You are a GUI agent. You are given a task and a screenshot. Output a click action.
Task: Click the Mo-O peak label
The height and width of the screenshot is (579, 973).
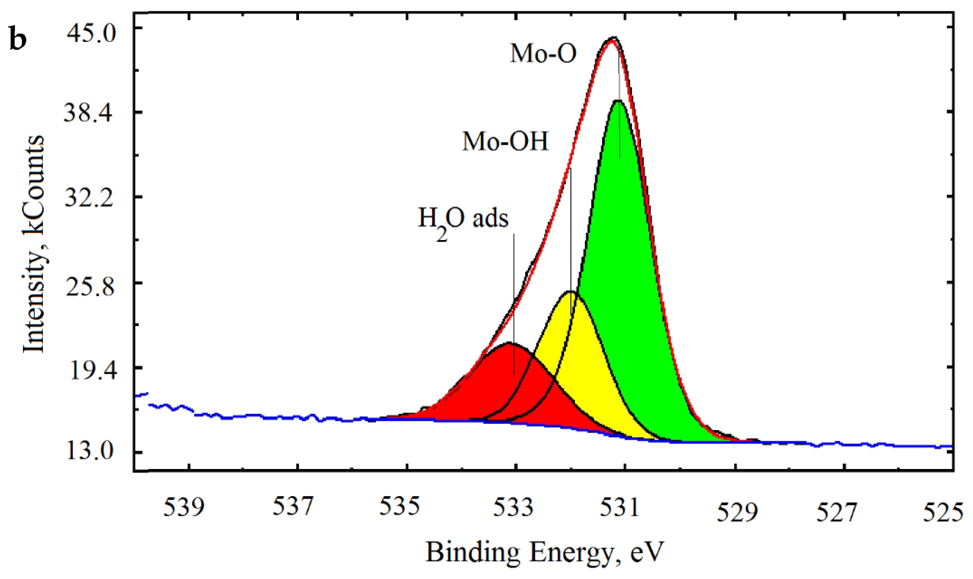coord(543,54)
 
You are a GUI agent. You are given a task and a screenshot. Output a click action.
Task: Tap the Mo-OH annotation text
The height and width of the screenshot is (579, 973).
coord(505,141)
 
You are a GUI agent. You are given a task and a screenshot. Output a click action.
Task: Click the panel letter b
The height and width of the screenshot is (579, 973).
coord(18,40)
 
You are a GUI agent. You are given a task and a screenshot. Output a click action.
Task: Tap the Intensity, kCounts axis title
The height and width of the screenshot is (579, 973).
coord(33,244)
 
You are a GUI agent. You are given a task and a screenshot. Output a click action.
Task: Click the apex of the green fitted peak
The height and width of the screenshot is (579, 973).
coord(618,101)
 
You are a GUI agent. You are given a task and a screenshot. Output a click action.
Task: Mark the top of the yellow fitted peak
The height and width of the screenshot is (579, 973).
coord(570,291)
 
